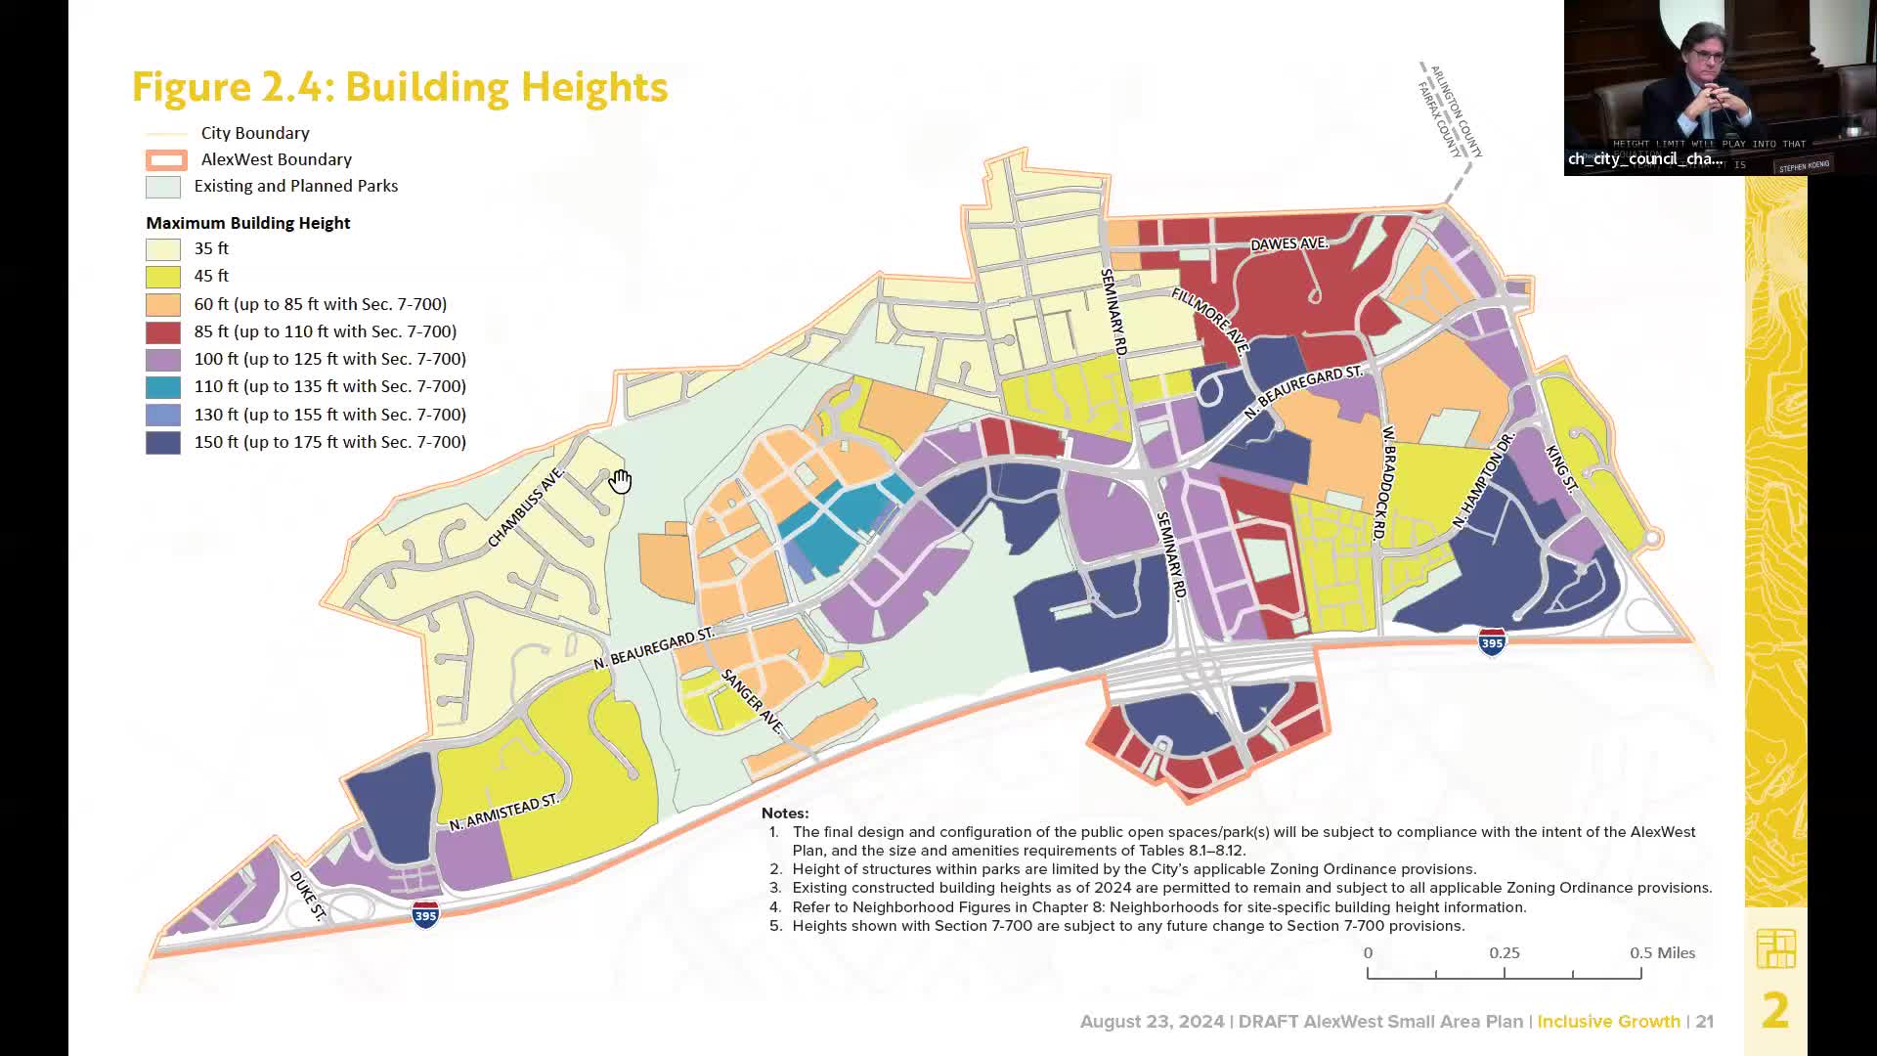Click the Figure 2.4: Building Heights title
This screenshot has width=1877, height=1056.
(x=400, y=87)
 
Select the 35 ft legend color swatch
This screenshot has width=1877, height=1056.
(x=163, y=249)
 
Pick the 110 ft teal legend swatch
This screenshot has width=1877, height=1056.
(x=163, y=387)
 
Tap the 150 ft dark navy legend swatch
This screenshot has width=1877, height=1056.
(x=163, y=443)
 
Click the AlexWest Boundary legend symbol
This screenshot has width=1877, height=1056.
(x=166, y=160)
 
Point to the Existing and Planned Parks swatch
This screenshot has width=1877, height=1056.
(x=163, y=187)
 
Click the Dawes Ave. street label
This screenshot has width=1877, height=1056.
(x=1288, y=243)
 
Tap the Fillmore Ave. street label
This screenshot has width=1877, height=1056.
(x=1210, y=321)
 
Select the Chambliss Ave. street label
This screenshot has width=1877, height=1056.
(x=526, y=507)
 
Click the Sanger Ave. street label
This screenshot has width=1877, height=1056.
(x=753, y=701)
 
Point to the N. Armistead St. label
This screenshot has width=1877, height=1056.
(x=503, y=813)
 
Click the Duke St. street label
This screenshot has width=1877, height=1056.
(x=307, y=895)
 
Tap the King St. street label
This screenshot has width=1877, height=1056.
(x=1561, y=467)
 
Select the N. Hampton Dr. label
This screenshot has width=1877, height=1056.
(x=1482, y=480)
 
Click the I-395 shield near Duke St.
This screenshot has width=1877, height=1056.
(x=425, y=915)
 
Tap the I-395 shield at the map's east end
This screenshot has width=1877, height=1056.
(x=1492, y=642)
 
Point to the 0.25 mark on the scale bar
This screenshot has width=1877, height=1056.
(x=1504, y=953)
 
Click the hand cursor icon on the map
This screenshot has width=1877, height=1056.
(x=621, y=481)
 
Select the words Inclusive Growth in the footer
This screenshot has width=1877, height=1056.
(x=1608, y=1022)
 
